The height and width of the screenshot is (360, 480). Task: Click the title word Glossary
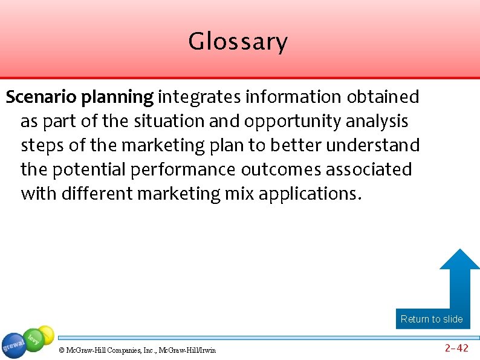pyautogui.click(x=238, y=42)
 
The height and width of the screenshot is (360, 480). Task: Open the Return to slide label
pyautogui.click(x=432, y=319)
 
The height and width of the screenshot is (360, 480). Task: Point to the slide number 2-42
pyautogui.click(x=456, y=348)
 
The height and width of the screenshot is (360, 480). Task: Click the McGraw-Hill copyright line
pyautogui.click(x=137, y=350)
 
